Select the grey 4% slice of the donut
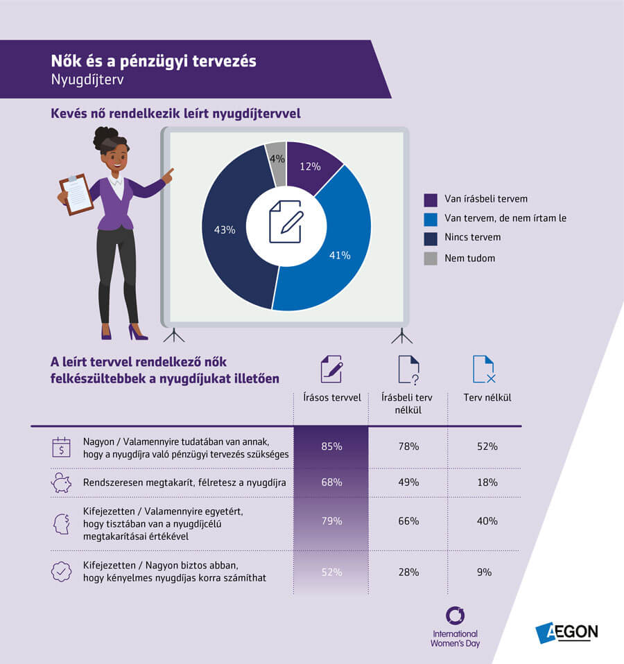(x=277, y=161)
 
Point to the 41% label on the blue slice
(x=340, y=255)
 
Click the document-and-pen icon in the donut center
(x=286, y=221)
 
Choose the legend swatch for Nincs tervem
(x=431, y=238)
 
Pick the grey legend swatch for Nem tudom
(x=431, y=258)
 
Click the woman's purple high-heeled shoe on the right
(x=137, y=332)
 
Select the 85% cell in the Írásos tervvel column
(x=331, y=446)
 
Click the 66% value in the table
(x=409, y=521)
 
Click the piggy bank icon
(x=62, y=482)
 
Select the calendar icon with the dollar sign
(x=62, y=446)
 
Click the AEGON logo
(x=566, y=631)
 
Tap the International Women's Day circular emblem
(x=456, y=615)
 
